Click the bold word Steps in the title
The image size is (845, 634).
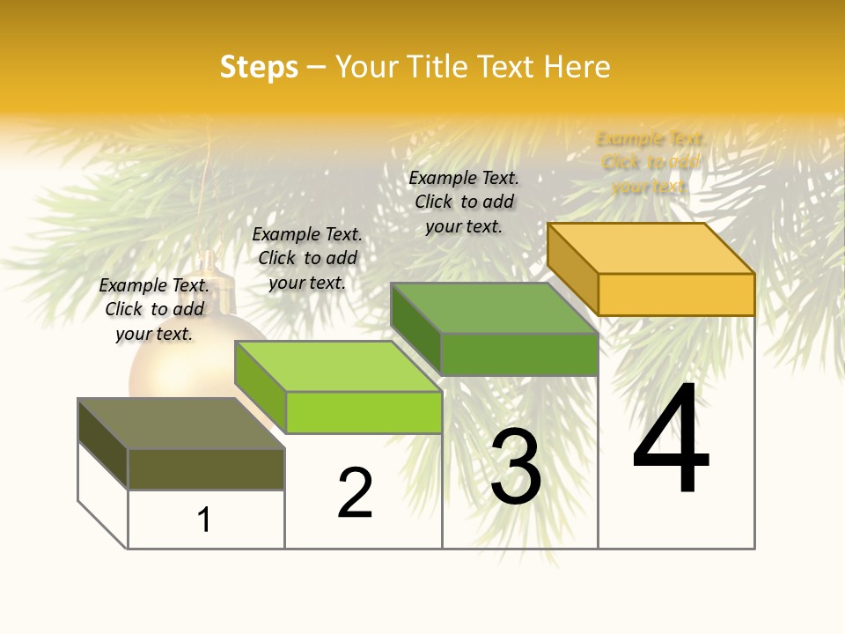[259, 67]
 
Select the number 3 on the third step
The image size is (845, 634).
[516, 467]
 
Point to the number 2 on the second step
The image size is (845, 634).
[355, 493]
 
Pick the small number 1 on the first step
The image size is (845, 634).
[204, 520]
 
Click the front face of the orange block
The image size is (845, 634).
[676, 294]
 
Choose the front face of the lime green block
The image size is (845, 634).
[364, 412]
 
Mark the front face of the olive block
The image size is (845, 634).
[206, 469]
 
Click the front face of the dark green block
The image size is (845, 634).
[519, 354]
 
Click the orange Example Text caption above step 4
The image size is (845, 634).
[650, 162]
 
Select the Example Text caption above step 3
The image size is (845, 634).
[464, 202]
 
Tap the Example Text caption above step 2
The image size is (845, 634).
[307, 258]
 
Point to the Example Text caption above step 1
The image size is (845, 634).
[154, 309]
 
